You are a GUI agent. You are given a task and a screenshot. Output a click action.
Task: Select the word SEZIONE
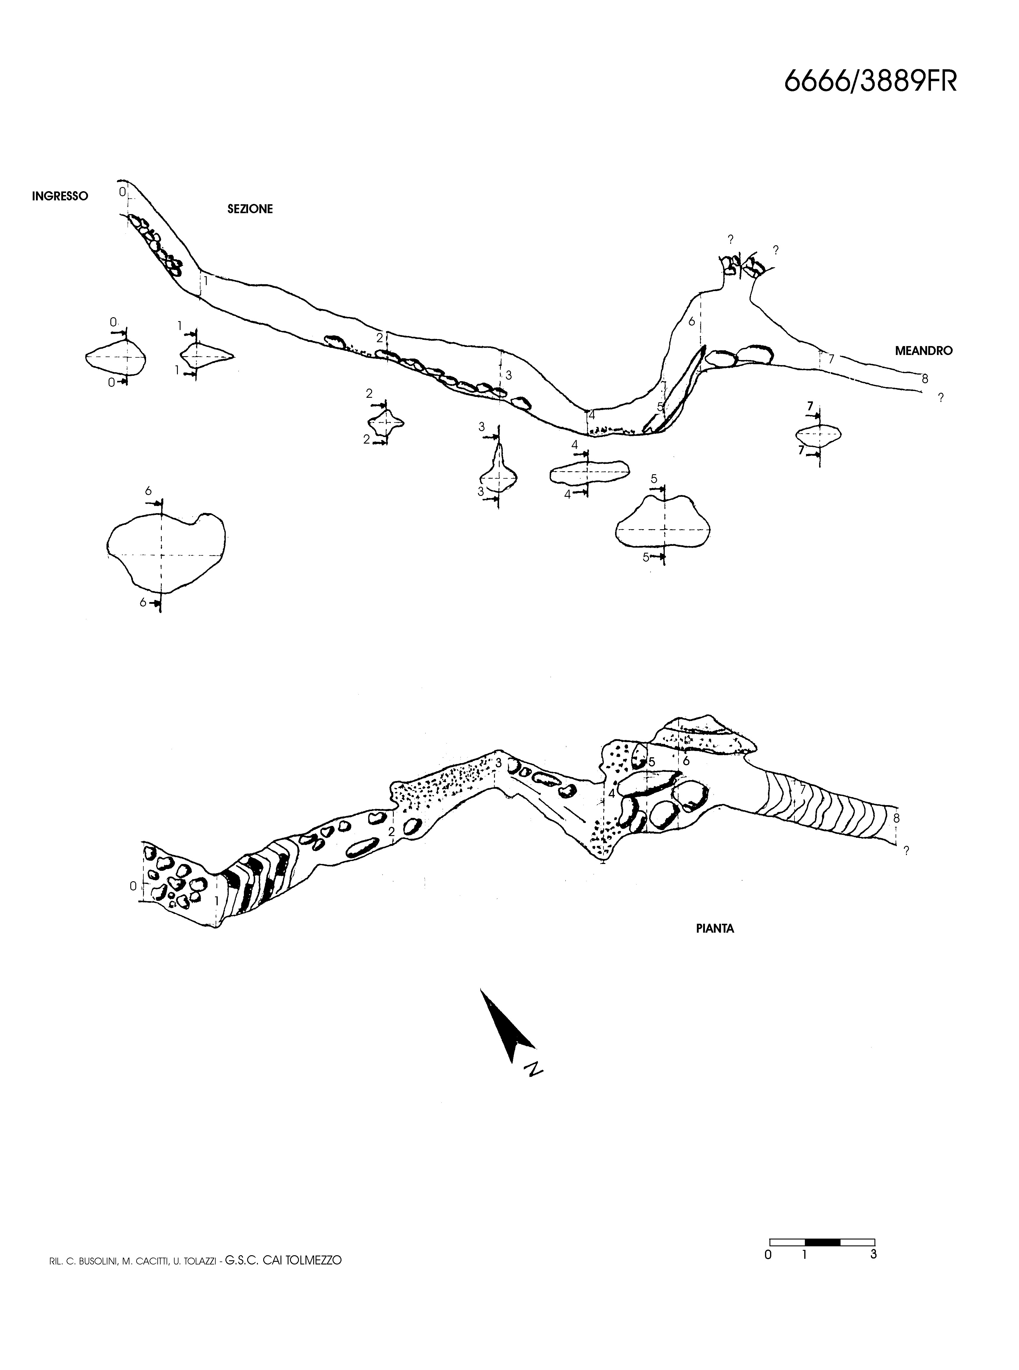click(250, 209)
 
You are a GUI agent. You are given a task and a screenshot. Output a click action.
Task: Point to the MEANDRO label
click(924, 351)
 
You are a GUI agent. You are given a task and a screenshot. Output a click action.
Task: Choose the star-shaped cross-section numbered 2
click(385, 422)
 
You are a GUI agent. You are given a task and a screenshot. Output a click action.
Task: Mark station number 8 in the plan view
click(896, 818)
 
